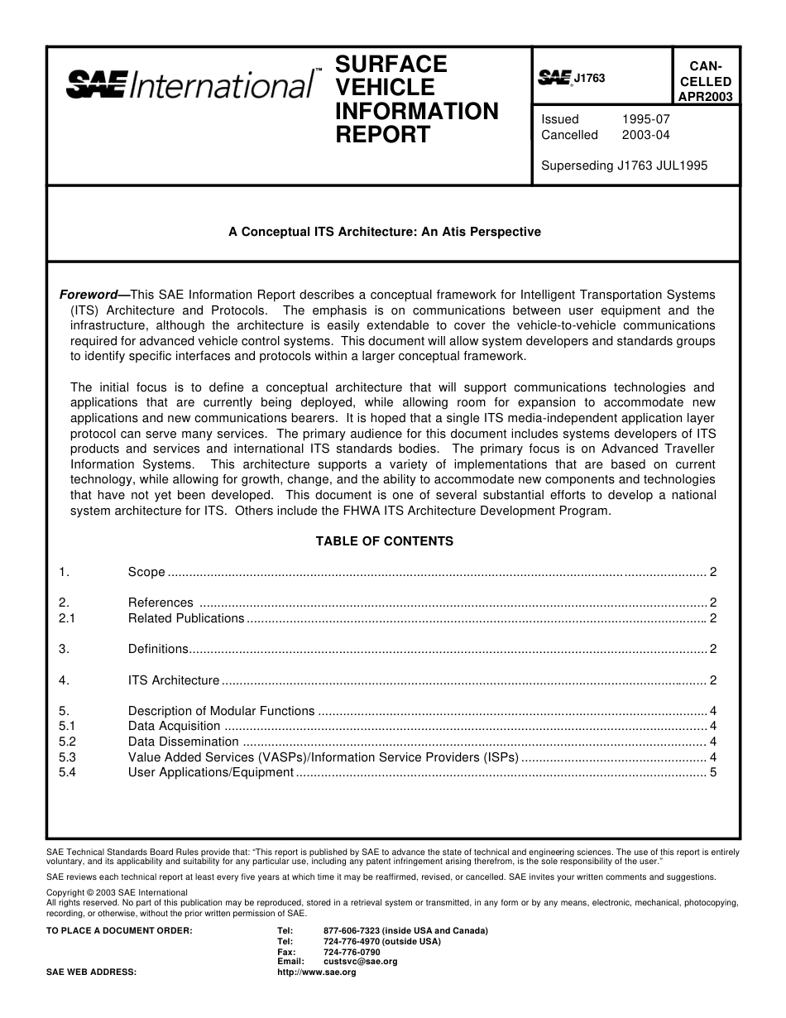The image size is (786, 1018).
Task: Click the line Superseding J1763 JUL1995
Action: (x=624, y=165)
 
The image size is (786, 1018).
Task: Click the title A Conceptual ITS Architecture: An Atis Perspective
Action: (x=385, y=232)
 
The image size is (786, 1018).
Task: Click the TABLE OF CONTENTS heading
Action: (x=385, y=541)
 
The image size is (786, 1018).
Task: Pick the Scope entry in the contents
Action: (x=146, y=572)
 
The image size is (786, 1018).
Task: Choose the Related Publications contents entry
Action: (x=186, y=618)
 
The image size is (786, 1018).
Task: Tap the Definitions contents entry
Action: (x=158, y=650)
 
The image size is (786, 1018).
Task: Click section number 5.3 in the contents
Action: (x=68, y=757)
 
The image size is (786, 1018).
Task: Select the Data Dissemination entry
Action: (x=183, y=742)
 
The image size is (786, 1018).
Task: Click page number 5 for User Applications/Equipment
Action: (x=712, y=772)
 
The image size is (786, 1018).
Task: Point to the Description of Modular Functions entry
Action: (x=221, y=711)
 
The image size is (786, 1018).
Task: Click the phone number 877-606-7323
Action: (x=352, y=930)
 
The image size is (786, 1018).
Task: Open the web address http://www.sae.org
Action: (x=316, y=972)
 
